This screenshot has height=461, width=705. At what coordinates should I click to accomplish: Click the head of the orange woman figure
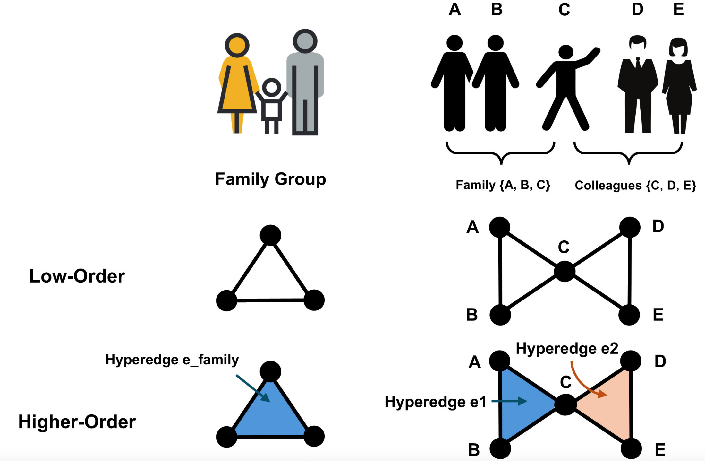coord(237,45)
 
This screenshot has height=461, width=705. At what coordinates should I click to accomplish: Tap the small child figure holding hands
coord(272,106)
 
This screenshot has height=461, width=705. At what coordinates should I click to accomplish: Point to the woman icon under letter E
coord(679,85)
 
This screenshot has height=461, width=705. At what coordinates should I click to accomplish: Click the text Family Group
coord(270,179)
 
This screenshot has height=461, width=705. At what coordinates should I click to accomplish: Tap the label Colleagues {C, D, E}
coord(635,185)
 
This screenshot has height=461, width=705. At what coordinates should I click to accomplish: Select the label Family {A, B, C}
coord(503,185)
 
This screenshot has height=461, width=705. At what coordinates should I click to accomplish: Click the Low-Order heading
coord(77,276)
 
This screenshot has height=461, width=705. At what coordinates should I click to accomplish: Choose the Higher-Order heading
coord(77,422)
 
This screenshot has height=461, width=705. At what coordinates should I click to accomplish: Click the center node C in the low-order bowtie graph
coord(565,271)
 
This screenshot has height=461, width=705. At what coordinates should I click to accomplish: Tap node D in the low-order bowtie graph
coord(630,227)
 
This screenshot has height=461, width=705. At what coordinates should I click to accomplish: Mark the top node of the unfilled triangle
coord(270,235)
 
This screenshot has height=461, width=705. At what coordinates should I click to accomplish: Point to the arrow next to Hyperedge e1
coord(509,401)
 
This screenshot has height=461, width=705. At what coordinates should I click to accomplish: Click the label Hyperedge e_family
coord(172,360)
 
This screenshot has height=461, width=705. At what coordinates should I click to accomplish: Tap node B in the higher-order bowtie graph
coord(500,448)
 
